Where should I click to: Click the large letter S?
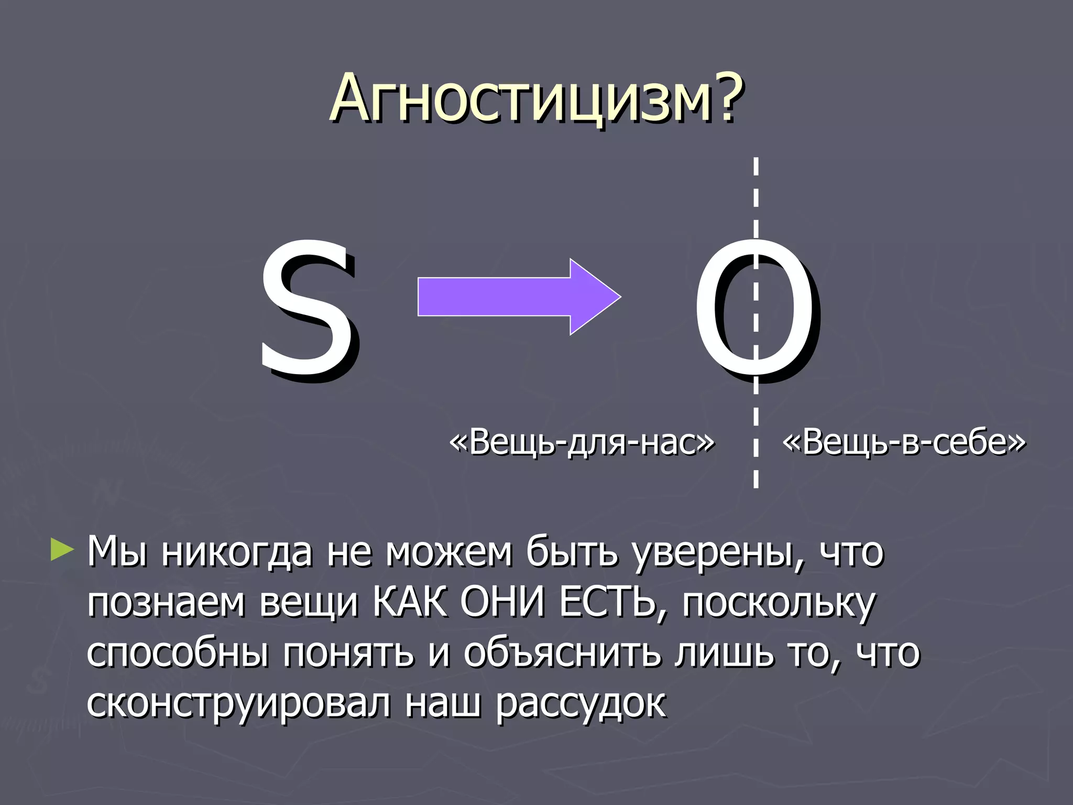[306, 309]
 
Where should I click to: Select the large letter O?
[754, 309]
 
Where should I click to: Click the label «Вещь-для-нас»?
[582, 442]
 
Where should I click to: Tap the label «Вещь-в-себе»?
[904, 442]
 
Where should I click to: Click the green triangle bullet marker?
[62, 550]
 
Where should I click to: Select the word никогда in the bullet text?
[236, 553]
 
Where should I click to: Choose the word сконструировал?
[238, 703]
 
